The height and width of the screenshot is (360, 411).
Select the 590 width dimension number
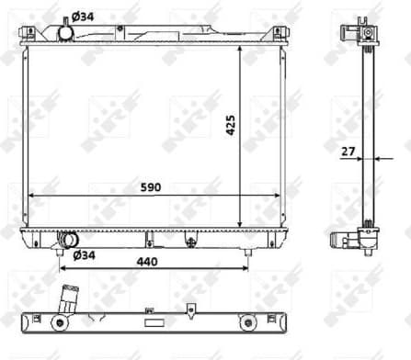click(151, 187)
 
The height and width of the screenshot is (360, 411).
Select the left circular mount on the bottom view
click(60, 322)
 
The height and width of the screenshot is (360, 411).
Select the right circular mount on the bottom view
click(247, 322)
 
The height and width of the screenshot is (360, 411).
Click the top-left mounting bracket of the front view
click(29, 33)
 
